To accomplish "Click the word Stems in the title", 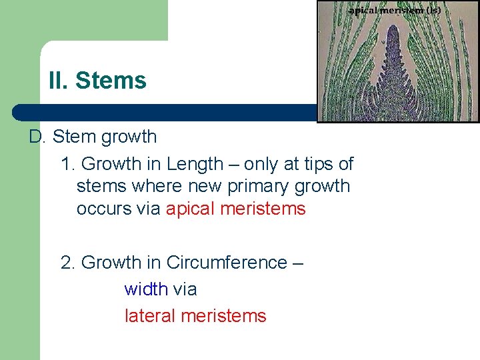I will coord(111,81).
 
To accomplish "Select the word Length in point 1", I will coord(196,164).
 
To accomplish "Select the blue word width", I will coord(146,289).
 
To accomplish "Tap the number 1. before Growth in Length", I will coord(68,164).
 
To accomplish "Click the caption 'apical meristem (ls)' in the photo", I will coord(394,11).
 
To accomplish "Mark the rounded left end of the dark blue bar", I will coord(19,112).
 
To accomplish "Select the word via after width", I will coord(185,289).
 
